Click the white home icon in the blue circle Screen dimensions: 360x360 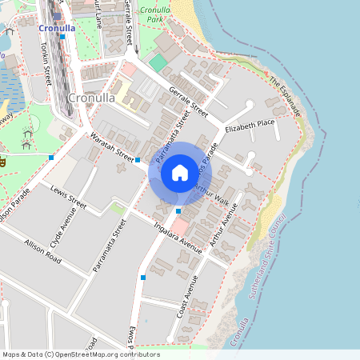(x=180, y=171)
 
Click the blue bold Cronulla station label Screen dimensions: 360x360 (x=57, y=28)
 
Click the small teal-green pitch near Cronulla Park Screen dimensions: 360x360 (x=158, y=62)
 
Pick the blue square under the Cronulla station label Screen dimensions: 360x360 (x=62, y=37)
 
